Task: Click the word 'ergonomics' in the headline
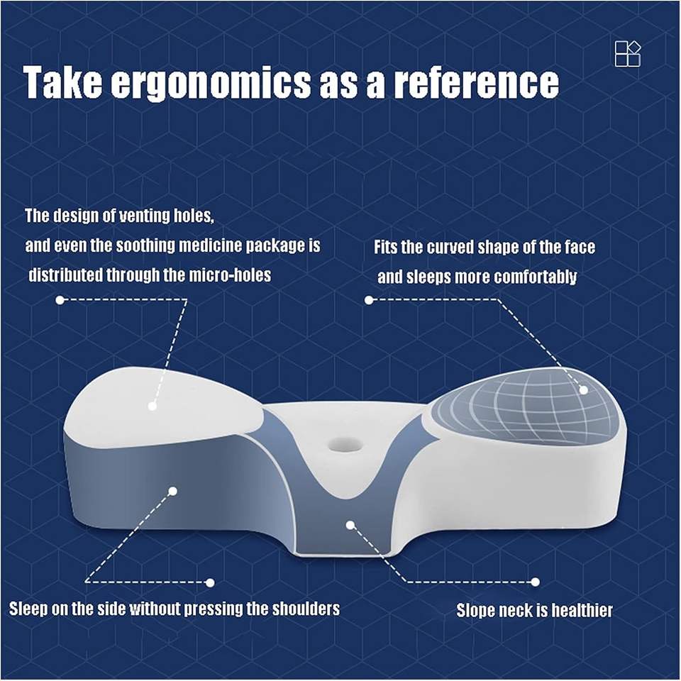point(211,83)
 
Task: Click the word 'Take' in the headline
point(63,82)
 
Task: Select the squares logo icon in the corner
point(628,54)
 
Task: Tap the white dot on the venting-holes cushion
point(153,406)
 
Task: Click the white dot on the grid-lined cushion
point(584,389)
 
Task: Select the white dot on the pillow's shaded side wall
point(173,491)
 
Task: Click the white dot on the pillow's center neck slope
point(350,525)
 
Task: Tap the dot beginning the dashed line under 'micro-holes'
point(60,299)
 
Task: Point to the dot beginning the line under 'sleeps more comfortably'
point(369,299)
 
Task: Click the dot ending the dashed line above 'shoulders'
point(210,582)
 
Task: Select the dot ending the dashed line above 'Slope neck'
point(535,582)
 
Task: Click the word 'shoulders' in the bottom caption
point(306,609)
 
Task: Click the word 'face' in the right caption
point(580,247)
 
